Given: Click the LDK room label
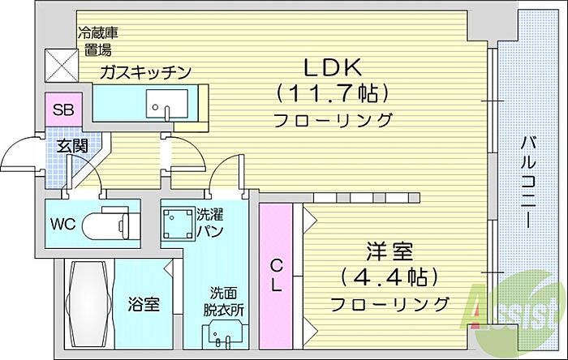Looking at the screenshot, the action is tap(333, 67).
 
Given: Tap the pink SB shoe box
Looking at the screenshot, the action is tap(64, 109).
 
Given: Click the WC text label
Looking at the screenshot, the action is tap(62, 225).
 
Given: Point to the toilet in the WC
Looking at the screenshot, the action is tap(105, 224).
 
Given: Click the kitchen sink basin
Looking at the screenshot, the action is tap(167, 104).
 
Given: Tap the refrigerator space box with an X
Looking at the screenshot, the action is tap(62, 66).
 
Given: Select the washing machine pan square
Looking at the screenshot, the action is tap(177, 223).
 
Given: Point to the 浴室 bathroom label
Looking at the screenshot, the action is tap(144, 304).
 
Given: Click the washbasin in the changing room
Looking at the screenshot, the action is tap(222, 336).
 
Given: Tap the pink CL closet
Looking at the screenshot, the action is tap(276, 276).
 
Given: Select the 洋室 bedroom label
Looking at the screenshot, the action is tap(389, 252).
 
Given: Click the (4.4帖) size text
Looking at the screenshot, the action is tap(389, 277).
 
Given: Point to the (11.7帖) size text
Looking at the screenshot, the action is tap(333, 93).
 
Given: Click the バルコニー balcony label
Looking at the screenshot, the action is tap(528, 182).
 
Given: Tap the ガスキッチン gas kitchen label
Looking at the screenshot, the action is tap(145, 72).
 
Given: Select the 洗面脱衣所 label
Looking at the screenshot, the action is tap(223, 301).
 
